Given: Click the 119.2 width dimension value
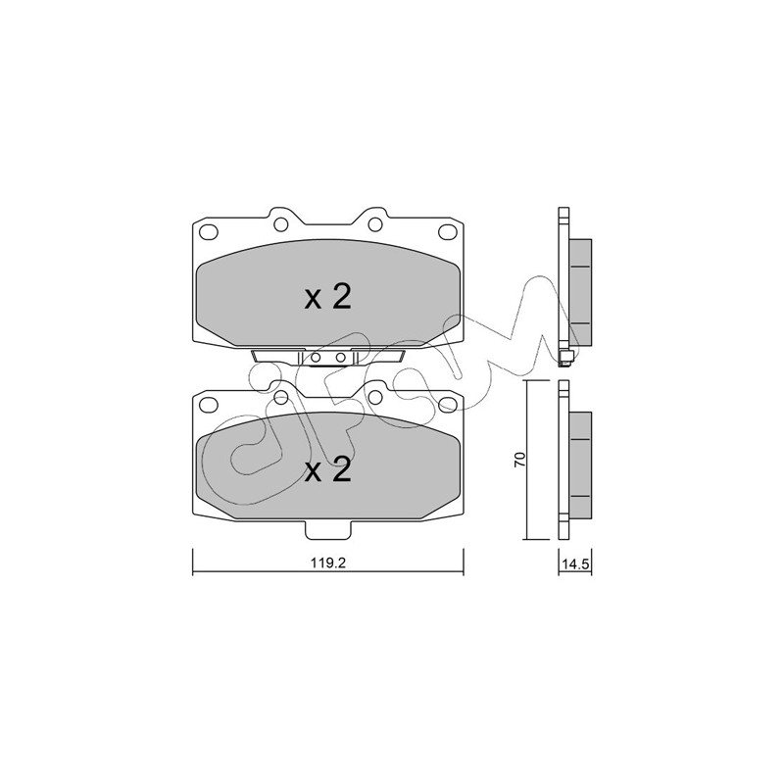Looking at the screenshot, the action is tap(328, 563).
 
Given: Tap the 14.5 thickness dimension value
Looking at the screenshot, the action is tap(576, 564).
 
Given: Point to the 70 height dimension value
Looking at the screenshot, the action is tap(520, 460).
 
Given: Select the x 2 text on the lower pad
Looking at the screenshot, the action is tap(328, 470).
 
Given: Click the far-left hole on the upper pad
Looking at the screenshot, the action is tap(209, 232).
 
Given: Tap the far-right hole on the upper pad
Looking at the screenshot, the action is tap(448, 232).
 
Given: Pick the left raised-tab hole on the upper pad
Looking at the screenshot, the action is tap(281, 224).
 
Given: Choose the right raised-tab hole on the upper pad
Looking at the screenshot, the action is tap(375, 224).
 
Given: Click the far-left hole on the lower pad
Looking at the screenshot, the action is tap(209, 405).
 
